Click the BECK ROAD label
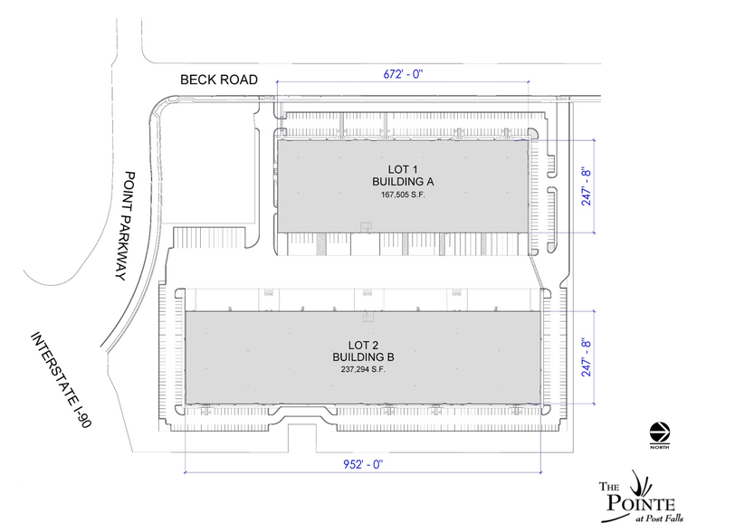[219, 81]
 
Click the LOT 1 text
[398, 170]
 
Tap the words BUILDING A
[398, 183]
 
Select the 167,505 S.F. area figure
[398, 195]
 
